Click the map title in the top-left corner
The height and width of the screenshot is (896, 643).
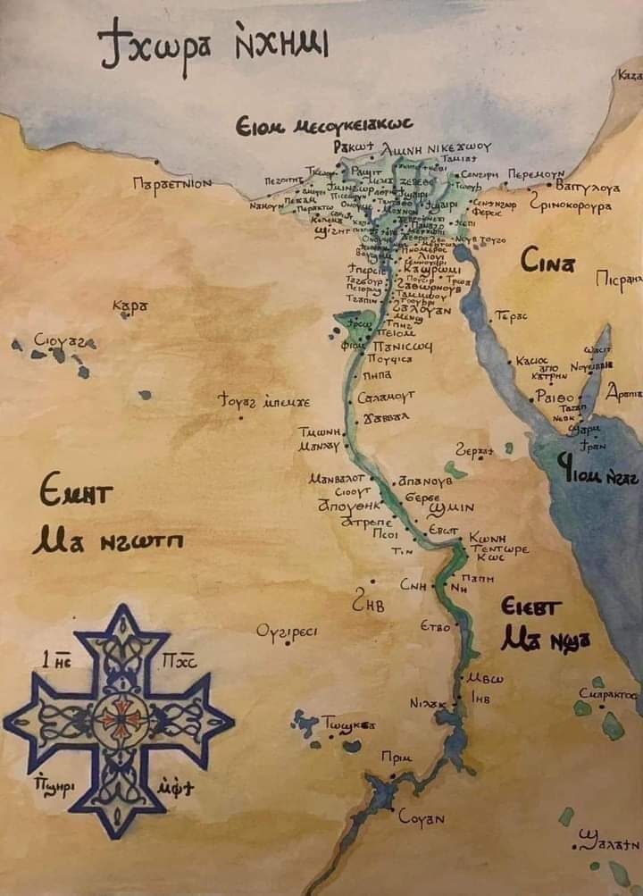click(212, 46)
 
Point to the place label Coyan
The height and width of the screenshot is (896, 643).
click(421, 816)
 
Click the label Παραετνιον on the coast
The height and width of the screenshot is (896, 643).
click(171, 183)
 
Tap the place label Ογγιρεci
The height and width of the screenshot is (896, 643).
click(286, 632)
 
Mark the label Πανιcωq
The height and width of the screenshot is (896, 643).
click(403, 345)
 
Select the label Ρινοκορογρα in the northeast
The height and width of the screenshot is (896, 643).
click(570, 205)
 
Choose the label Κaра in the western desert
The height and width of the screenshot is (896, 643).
click(129, 307)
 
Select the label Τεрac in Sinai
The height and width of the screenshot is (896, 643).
click(512, 317)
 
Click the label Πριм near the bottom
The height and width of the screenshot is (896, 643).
click(396, 758)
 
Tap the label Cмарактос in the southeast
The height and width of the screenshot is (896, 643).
click(607, 693)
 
